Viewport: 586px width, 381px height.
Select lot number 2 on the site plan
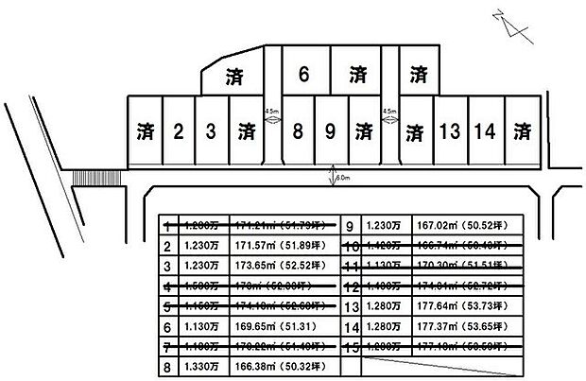177,131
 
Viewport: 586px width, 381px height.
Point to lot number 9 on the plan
330,131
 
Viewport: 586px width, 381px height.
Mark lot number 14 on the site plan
486,131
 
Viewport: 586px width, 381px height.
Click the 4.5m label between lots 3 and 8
272,111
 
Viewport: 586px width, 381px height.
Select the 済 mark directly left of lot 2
144,131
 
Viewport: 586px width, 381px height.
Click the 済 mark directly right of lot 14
523,131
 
